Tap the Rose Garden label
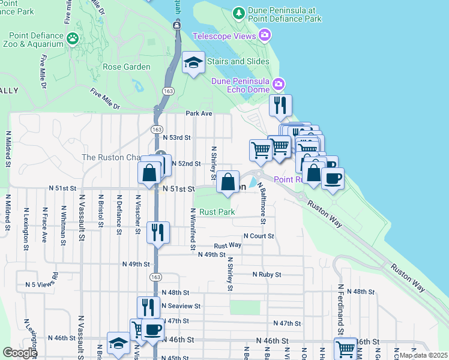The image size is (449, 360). [127, 67]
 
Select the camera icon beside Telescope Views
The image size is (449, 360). [264, 37]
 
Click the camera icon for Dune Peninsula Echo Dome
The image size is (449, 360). [277, 83]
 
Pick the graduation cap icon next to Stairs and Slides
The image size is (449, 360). [193, 63]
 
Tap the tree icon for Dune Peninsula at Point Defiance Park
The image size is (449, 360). [238, 13]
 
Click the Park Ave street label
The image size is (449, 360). [199, 113]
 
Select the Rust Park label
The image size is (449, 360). [217, 212]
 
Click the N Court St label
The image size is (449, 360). [258, 236]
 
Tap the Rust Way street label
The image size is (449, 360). [228, 245]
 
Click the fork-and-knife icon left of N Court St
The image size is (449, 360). [158, 232]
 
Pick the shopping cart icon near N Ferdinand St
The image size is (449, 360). [345, 348]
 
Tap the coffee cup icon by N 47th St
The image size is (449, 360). [152, 329]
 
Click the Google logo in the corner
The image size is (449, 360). [20, 353]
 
